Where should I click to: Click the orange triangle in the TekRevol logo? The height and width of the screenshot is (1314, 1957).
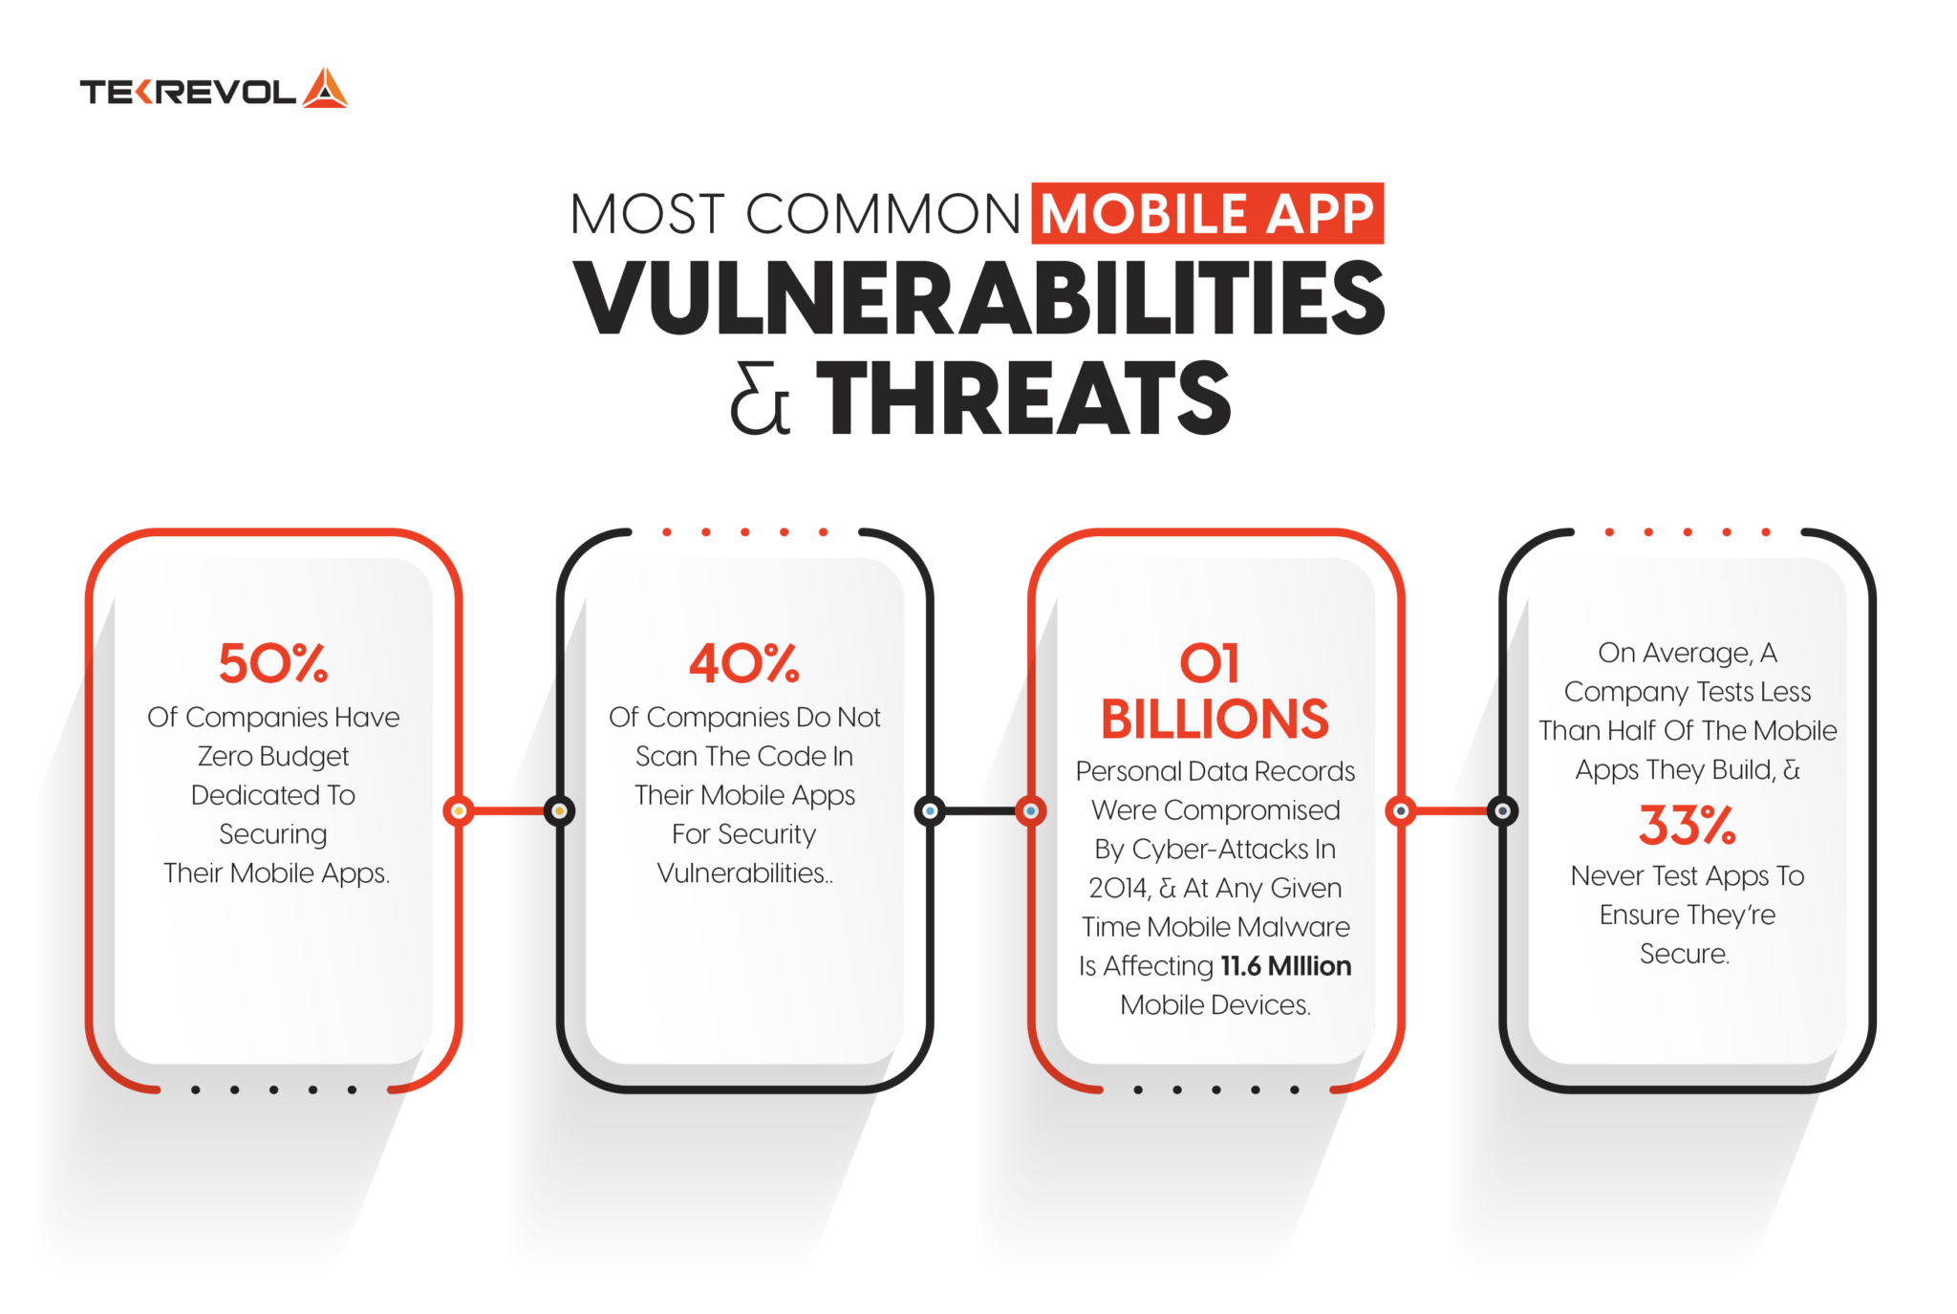tap(325, 89)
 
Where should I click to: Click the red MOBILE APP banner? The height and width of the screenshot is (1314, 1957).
tap(1207, 213)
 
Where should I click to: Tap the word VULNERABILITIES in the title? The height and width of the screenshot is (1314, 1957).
tap(978, 298)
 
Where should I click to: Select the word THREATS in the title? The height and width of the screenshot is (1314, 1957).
tap(1023, 399)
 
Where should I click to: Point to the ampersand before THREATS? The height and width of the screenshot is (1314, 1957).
tap(760, 401)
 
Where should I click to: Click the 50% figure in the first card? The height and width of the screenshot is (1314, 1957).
tap(273, 662)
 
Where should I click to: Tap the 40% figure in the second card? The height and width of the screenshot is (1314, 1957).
tap(744, 662)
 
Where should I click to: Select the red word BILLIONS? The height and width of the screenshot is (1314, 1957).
tap(1215, 719)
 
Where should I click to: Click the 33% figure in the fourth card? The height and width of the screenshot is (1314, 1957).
tap(1687, 825)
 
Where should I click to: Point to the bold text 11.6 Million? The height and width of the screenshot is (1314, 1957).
tap(1285, 966)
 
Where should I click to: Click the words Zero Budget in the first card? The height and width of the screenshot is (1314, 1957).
tap(273, 756)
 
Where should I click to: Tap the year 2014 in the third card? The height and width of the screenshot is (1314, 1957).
tap(1119, 888)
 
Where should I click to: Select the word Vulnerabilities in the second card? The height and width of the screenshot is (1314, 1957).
tap(742, 872)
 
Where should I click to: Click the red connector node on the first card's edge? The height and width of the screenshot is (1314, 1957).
tap(459, 811)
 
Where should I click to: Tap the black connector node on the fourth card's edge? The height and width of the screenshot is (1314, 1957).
tap(1502, 811)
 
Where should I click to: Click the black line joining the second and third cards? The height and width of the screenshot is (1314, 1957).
tap(979, 811)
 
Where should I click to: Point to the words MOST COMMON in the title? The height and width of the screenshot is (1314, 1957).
tap(795, 214)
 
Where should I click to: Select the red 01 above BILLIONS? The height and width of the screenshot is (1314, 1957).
tap(1210, 663)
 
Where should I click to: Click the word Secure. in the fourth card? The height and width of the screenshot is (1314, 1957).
tap(1685, 954)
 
